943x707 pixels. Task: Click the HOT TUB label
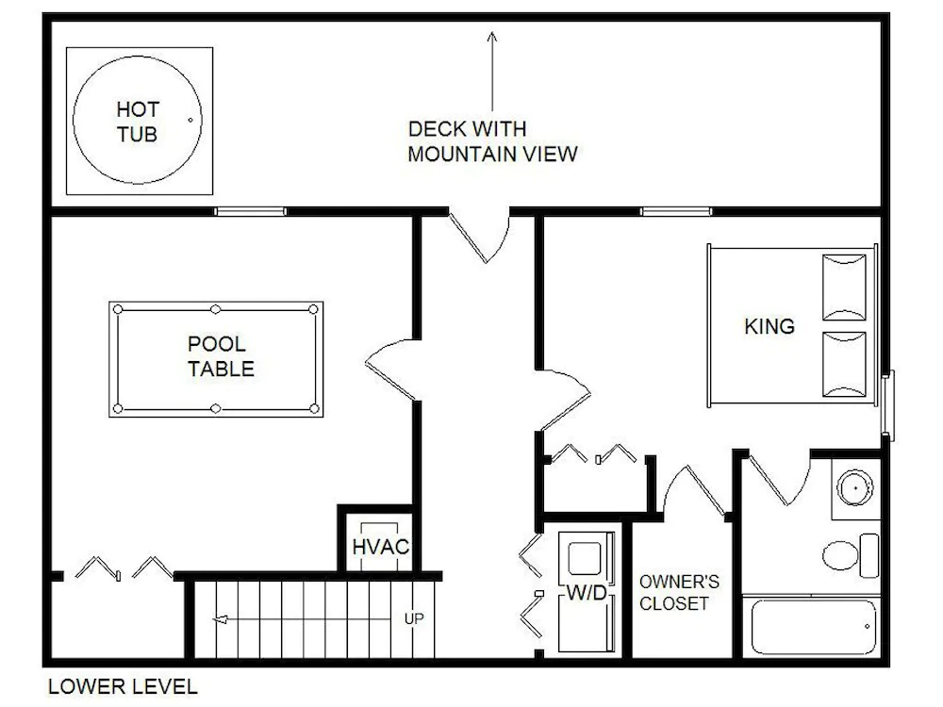tap(137, 122)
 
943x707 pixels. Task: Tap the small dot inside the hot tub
tap(190, 121)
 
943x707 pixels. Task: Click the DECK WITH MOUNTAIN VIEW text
tap(492, 141)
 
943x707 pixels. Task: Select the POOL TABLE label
tap(221, 356)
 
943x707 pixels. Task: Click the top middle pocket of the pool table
tap(216, 309)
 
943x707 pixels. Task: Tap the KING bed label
tap(769, 326)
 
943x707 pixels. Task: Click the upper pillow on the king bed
tap(844, 288)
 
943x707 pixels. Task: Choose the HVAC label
tap(380, 547)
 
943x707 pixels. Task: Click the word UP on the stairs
tap(414, 618)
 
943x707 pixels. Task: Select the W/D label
tap(587, 593)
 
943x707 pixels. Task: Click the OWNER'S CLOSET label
tap(679, 592)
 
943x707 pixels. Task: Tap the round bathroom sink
tap(855, 487)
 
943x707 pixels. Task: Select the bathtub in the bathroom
tap(814, 627)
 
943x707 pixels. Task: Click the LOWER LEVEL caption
tap(123, 686)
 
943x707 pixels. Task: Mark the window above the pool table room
tap(251, 211)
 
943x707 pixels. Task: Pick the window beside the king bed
tap(887, 404)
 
